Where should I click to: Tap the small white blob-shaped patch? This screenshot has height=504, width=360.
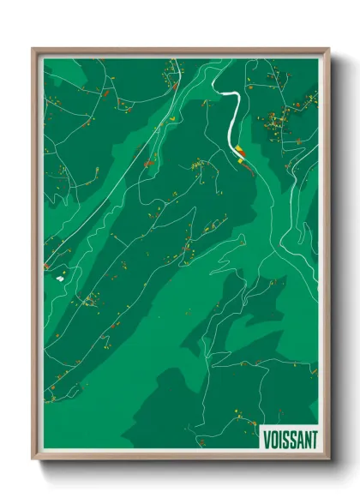pyautogui.click(x=59, y=278)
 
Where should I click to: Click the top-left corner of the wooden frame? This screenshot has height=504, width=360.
pyautogui.click(x=33, y=49)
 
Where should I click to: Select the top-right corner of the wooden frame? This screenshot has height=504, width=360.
pyautogui.click(x=329, y=49)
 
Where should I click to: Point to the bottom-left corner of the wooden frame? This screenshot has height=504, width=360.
pyautogui.click(x=33, y=461)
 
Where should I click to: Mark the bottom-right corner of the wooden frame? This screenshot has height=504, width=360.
pyautogui.click(x=329, y=461)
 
